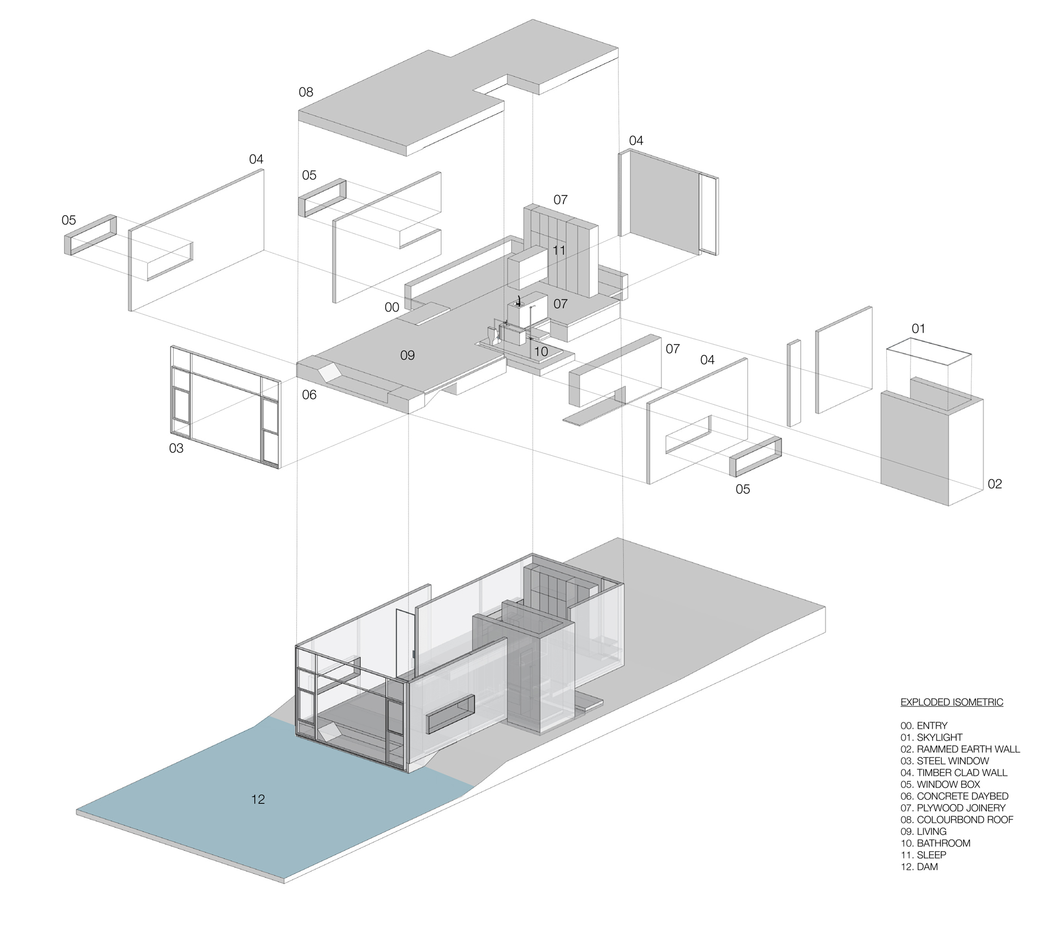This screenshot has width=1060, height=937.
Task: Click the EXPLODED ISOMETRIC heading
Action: tap(951, 702)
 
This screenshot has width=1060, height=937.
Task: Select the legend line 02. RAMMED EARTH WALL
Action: tap(960, 749)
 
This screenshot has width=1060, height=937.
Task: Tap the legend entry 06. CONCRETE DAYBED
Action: tap(954, 796)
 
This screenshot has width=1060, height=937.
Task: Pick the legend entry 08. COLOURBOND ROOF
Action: tap(957, 819)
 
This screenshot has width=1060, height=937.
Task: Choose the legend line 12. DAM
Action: tap(919, 867)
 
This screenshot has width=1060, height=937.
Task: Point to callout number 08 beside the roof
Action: tap(306, 92)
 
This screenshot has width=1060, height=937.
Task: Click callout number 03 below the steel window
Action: tap(176, 448)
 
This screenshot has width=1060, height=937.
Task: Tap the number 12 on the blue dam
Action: tap(258, 799)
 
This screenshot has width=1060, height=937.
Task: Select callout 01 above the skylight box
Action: tap(918, 329)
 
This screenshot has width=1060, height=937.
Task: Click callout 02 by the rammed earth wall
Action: tap(995, 484)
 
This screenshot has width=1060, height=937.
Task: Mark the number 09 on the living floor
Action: tap(407, 355)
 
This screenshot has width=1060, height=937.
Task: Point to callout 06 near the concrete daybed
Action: tap(309, 395)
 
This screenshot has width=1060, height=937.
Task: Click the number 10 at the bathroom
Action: tap(541, 351)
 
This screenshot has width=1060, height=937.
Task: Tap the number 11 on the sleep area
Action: tap(559, 250)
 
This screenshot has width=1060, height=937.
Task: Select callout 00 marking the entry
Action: tap(392, 307)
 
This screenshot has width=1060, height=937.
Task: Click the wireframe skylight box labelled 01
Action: tap(929, 371)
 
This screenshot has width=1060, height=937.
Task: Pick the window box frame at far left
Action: tap(90, 235)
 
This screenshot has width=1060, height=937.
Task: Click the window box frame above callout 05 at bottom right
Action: tap(755, 457)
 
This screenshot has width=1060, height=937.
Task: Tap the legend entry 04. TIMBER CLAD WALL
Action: tap(953, 773)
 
